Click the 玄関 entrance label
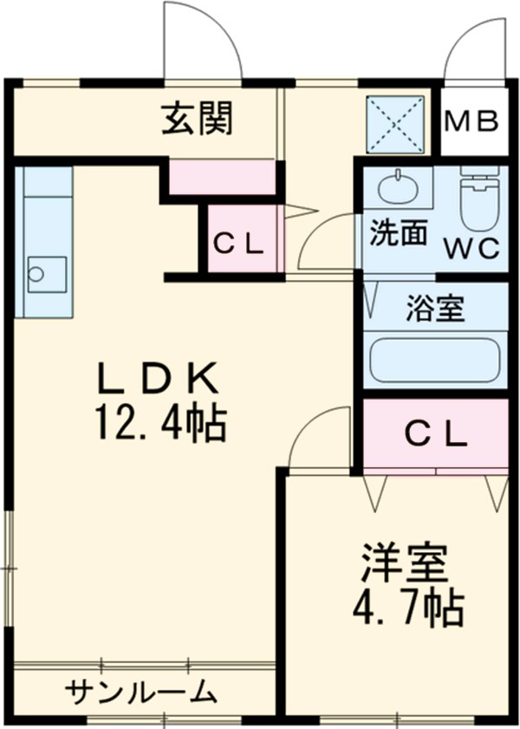(198, 120)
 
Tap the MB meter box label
(472, 120)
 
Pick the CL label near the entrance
(238, 244)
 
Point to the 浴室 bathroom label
(435, 308)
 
